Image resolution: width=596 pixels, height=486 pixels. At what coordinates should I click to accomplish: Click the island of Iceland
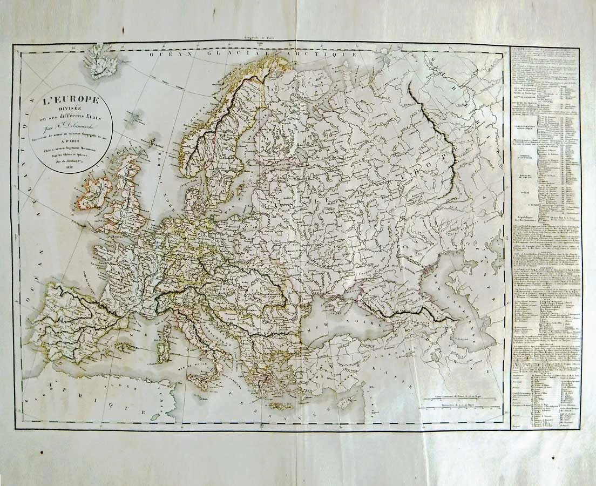click(100, 63)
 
